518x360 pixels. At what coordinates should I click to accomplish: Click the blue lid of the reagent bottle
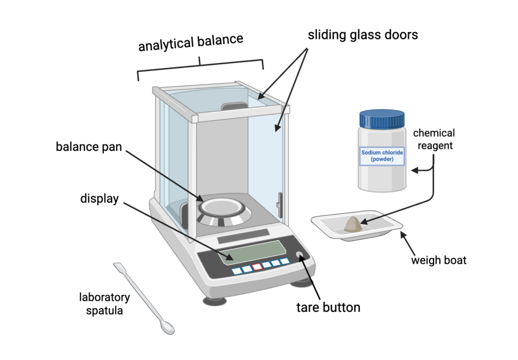382,119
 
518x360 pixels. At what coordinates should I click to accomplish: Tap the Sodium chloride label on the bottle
382,155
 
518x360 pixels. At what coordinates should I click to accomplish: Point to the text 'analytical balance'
191,44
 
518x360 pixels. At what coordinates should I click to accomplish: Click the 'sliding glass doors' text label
363,35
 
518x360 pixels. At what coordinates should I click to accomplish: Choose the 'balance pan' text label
89,147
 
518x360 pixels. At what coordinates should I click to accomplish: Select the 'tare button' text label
328,307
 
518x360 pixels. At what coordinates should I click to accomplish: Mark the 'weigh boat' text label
439,260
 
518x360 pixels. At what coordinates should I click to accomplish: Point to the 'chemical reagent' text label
434,139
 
